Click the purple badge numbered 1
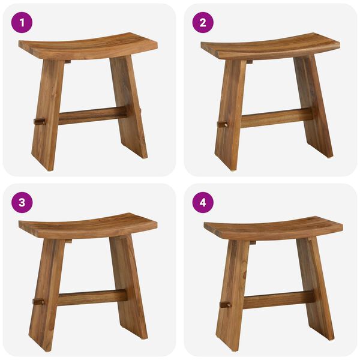22,22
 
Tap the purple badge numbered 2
203,22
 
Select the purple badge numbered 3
22,202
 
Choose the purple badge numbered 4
203,202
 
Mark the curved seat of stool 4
273,227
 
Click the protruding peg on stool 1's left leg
39,121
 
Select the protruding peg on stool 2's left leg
222,124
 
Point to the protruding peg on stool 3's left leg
38,301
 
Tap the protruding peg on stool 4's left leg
225,304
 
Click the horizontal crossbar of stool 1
93,114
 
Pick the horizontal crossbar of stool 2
276,116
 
